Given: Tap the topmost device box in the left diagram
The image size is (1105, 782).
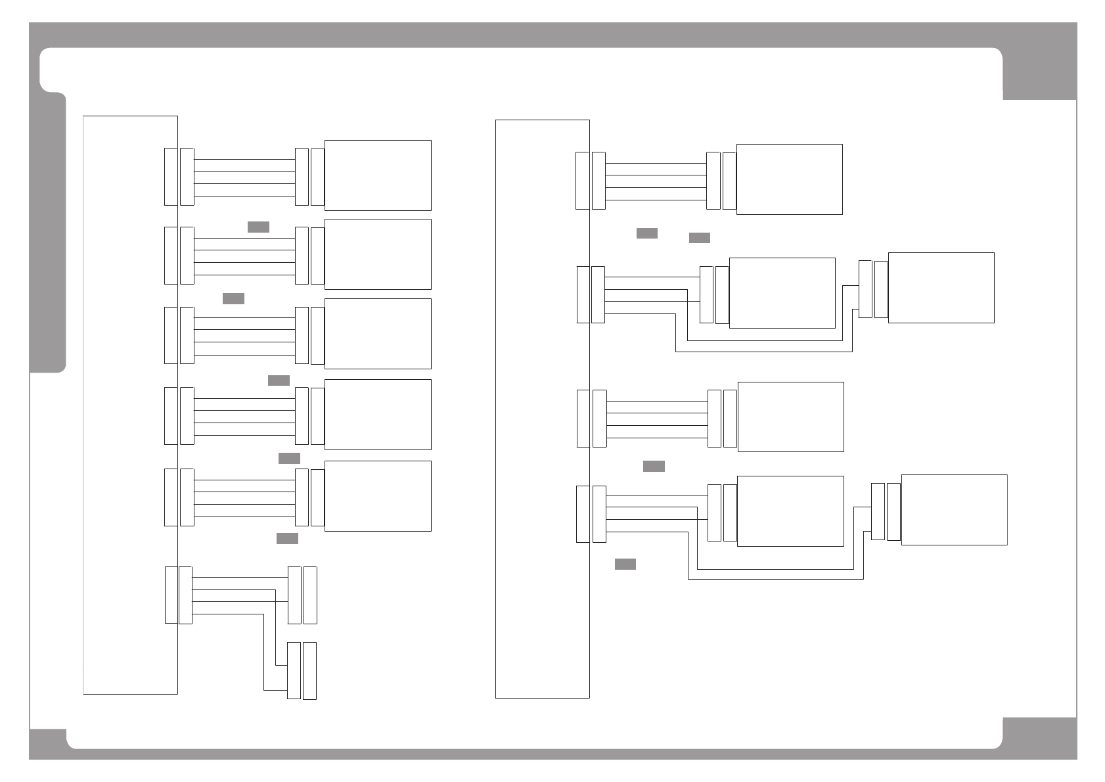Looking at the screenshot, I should [x=378, y=175].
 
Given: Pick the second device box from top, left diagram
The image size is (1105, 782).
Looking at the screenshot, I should [x=378, y=254].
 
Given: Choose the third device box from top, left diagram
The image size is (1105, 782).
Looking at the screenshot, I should [x=378, y=333].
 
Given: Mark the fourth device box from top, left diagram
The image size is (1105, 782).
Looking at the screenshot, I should [x=378, y=414].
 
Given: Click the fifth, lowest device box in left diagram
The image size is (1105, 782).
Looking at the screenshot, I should [x=378, y=495].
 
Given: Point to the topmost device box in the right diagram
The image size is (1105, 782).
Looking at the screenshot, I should [x=789, y=179].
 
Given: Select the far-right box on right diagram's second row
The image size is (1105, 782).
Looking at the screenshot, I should [x=941, y=287].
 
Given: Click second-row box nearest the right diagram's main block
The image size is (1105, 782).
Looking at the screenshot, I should [x=782, y=292].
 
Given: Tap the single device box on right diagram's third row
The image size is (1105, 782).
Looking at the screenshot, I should [x=790, y=417].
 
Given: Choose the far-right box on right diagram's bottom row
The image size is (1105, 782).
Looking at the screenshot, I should [x=954, y=509].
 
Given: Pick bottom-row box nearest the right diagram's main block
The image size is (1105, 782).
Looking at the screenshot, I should [x=790, y=511].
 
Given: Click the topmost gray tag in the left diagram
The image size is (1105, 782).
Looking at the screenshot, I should [x=258, y=227].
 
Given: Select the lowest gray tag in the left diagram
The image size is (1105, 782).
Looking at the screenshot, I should [x=287, y=538].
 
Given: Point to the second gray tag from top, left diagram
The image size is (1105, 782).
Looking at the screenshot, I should [x=233, y=298].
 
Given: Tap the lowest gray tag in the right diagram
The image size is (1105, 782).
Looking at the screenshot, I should [x=625, y=564].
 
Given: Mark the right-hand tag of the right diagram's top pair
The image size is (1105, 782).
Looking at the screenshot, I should [x=699, y=237].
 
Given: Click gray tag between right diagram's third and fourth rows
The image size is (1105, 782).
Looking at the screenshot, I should [x=654, y=466].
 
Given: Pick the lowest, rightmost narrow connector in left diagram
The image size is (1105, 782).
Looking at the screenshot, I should [x=309, y=670].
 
